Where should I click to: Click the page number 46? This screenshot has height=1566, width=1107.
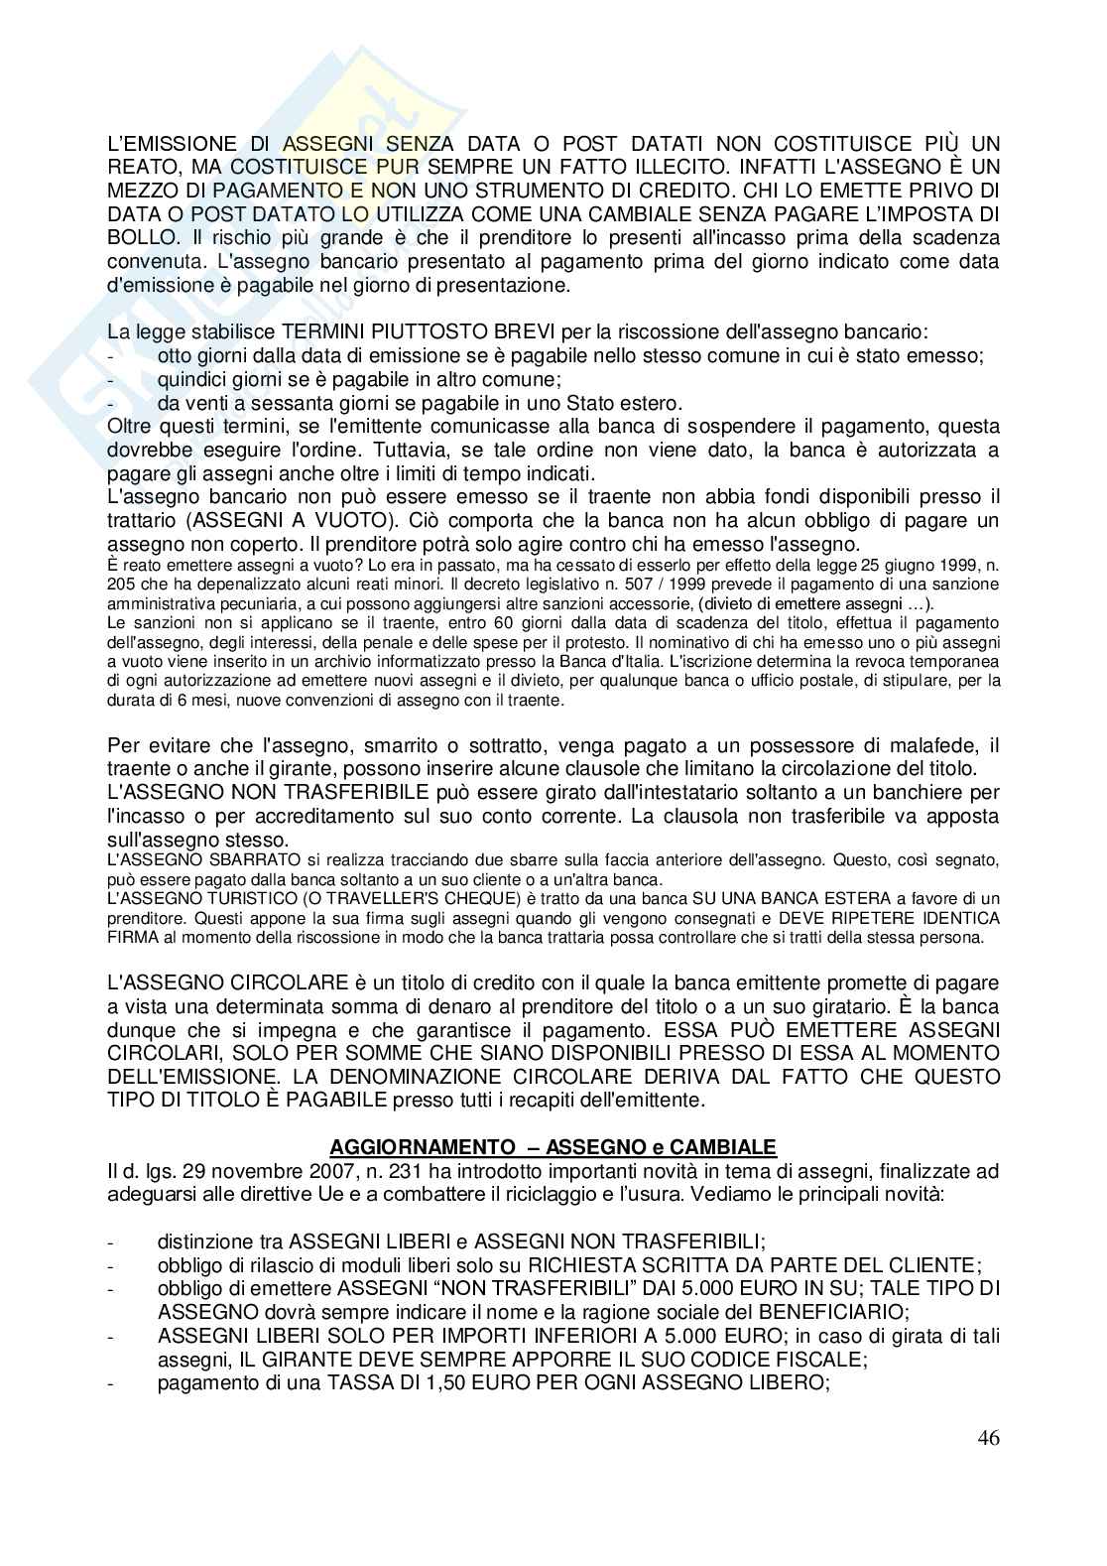point(987,1438)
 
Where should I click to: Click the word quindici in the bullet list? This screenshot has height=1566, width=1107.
point(188,380)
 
